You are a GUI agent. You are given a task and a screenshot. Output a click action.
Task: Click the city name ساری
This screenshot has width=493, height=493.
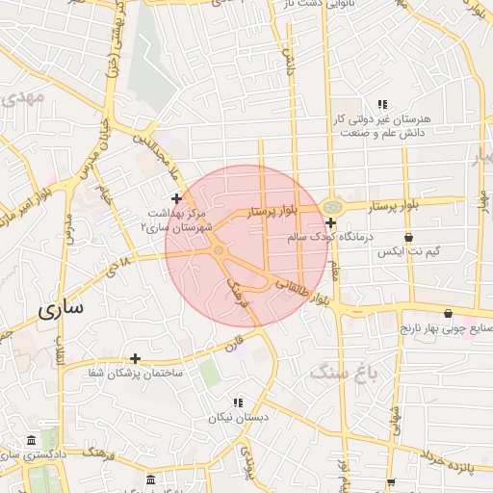coord(60,310)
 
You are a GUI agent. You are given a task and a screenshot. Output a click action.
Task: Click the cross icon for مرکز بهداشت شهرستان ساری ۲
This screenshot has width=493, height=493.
coord(176,197)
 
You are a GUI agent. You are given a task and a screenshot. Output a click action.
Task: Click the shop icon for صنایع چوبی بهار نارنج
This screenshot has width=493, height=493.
coord(449,313)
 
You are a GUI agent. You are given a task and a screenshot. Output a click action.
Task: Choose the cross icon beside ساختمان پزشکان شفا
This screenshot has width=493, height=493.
coord(135,358)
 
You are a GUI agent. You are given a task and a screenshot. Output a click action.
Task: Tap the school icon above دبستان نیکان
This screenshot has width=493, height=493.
coord(238,402)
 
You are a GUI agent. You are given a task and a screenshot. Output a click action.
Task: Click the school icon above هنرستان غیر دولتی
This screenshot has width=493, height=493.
coord(382,104)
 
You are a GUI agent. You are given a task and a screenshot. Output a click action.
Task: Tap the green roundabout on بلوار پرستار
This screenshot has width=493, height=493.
coord(332,205)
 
